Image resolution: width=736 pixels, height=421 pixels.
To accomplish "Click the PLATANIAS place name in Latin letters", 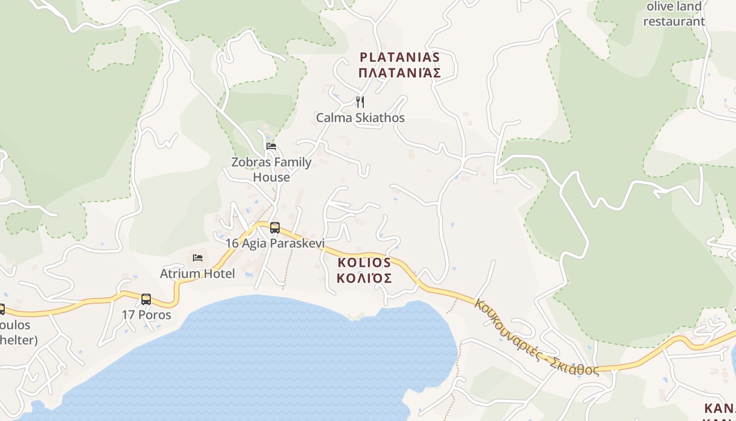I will coord(399,57).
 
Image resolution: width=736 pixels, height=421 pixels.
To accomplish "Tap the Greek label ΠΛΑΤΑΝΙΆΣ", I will coord(399,73).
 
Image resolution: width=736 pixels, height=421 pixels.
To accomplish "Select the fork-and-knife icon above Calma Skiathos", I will coord(360,102).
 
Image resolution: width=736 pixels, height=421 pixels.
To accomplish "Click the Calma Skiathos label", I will coord(360,117).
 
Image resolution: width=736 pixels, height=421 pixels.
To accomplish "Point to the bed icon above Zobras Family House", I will coord(271,146).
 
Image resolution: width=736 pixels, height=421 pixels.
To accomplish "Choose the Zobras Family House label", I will coord(271,169).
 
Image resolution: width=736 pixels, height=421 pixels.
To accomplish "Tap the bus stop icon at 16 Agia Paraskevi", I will coord(275,228).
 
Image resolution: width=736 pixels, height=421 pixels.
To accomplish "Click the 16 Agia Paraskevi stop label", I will coord(275,243).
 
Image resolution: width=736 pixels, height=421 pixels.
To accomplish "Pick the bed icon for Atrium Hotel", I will coord(198,257).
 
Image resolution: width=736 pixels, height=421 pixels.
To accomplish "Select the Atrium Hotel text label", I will coord(197,274).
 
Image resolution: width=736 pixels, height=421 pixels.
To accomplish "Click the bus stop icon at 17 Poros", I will coord(146,299).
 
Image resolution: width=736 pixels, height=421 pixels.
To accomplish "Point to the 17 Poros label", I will coord(146,315).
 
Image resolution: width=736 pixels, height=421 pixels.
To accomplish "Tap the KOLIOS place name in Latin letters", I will coord(364,262).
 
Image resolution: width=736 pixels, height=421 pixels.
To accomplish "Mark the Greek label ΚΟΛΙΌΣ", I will coord(364,278).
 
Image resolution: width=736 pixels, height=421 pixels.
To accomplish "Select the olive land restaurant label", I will coord(674,14).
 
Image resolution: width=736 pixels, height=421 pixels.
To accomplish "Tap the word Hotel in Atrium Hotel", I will coord(218,274).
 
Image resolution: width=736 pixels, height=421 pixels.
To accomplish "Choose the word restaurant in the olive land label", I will coord(674,22).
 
